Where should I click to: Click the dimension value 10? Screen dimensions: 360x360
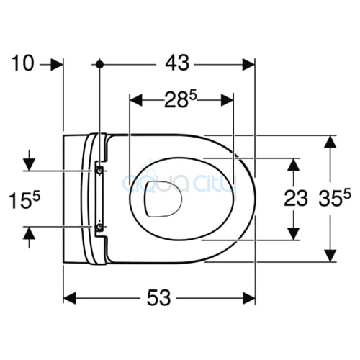pyautogui.click(x=23, y=63)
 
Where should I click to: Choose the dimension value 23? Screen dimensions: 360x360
pyautogui.click(x=293, y=199)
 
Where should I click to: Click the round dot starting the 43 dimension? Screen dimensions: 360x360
pyautogui.click(x=100, y=64)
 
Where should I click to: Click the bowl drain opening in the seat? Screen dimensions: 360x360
pyautogui.click(x=163, y=197)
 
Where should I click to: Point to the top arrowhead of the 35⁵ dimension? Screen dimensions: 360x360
pyautogui.click(x=329, y=141)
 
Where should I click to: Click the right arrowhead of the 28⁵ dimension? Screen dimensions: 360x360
pyautogui.click(x=228, y=100)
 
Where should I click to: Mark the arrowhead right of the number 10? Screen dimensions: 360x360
pyautogui.click(x=59, y=64)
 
